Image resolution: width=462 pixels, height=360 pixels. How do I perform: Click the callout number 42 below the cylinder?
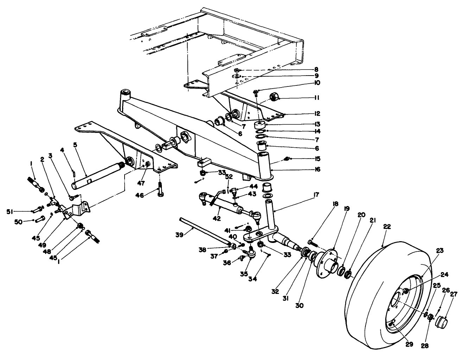pos(217,218)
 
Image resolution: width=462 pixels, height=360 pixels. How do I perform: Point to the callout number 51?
pos(10,211)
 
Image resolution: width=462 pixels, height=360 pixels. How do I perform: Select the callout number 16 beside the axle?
pos(317,169)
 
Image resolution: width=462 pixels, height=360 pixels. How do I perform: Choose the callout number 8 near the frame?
pos(316,70)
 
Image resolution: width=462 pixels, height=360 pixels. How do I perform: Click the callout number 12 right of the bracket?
pos(317,114)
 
